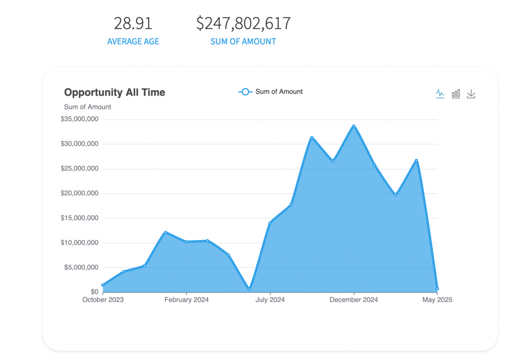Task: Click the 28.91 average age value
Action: click(133, 24)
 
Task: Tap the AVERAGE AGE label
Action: click(133, 42)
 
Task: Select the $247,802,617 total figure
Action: click(243, 24)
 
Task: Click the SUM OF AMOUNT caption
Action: click(243, 42)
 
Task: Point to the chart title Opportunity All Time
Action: click(114, 93)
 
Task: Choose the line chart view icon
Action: click(440, 93)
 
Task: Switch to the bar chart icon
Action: click(456, 93)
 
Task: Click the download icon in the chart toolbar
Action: click(471, 94)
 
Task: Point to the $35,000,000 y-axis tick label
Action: click(80, 119)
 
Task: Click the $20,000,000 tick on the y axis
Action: click(80, 193)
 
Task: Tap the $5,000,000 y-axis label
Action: click(81, 267)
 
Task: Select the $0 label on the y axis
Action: click(95, 292)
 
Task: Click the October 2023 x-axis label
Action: click(103, 300)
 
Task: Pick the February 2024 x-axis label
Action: click(186, 300)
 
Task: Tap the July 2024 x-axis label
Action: click(270, 300)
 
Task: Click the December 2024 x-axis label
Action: click(354, 300)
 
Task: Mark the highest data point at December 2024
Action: click(354, 126)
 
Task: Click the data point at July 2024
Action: click(270, 223)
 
